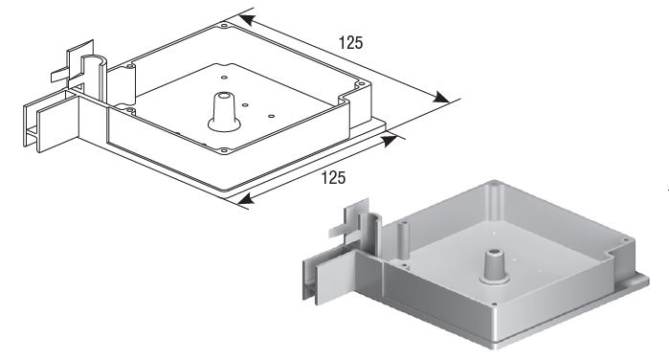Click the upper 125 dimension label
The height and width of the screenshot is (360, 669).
[x=350, y=43]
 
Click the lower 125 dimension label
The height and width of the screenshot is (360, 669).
[x=333, y=177]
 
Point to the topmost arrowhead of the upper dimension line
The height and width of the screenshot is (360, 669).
[x=247, y=20]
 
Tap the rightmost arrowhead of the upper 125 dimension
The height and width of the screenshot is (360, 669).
[x=441, y=98]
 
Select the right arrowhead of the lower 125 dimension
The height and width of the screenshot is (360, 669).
[x=390, y=141]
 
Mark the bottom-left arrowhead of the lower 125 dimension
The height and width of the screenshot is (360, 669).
[x=245, y=198]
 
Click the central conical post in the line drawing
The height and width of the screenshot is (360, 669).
[x=224, y=112]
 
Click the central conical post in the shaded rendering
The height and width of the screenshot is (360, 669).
[x=495, y=266]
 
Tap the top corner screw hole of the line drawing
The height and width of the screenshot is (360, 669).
[x=224, y=26]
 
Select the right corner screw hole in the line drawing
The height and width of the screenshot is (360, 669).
[x=361, y=84]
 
